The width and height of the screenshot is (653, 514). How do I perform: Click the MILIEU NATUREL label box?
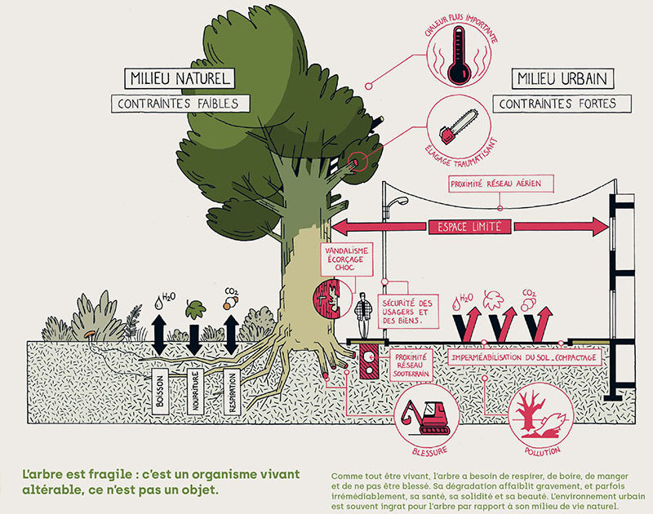click(x=180, y=78)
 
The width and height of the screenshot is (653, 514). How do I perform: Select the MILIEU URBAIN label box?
click(x=562, y=78)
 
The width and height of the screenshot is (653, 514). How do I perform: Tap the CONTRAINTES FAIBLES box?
click(x=180, y=104)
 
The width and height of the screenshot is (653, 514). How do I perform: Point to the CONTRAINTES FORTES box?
click(x=562, y=104)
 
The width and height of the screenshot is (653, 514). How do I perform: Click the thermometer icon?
click(x=459, y=54)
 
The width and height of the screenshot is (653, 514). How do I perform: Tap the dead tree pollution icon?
click(x=540, y=414)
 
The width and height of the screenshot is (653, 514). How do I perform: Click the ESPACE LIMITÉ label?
click(x=469, y=227)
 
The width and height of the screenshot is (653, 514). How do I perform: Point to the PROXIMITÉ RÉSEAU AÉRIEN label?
click(x=501, y=184)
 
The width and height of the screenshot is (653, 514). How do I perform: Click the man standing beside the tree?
click(x=363, y=315)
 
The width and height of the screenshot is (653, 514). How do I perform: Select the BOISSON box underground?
click(x=160, y=392)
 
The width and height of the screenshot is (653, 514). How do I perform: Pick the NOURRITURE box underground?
click(x=195, y=392)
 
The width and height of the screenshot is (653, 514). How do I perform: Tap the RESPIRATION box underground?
click(x=232, y=392)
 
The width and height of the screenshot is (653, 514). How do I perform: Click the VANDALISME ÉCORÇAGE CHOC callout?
click(x=346, y=259)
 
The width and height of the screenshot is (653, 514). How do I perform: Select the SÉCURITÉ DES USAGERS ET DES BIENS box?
click(x=407, y=312)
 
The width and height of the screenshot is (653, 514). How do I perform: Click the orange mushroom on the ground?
click(x=88, y=334)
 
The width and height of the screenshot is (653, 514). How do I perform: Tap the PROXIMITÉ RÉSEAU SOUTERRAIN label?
click(x=411, y=366)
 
